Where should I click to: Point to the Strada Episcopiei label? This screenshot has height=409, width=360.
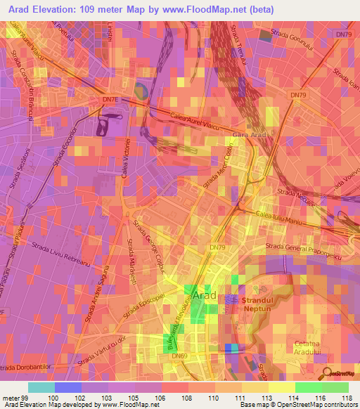[150, 301]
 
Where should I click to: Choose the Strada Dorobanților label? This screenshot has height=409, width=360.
[28, 368]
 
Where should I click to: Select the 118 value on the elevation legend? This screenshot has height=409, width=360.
[347, 398]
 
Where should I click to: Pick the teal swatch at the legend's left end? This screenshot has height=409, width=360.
[41, 387]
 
